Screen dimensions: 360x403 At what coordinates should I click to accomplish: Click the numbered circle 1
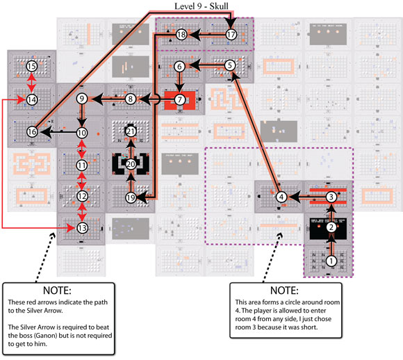pyautogui.click(x=331, y=261)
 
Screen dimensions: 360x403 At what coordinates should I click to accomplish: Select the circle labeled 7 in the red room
pyautogui.click(x=180, y=99)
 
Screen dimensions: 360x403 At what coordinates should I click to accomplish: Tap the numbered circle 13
pyautogui.click(x=82, y=228)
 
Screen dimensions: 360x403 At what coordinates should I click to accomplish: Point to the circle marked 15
pyautogui.click(x=31, y=66)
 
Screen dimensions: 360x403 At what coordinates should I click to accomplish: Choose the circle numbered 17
pyautogui.click(x=231, y=33)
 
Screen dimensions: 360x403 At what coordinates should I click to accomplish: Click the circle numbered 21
pyautogui.click(x=131, y=131)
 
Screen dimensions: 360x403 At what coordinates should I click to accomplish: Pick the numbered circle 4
pyautogui.click(x=281, y=197)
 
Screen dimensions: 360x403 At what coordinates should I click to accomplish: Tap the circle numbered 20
pyautogui.click(x=131, y=164)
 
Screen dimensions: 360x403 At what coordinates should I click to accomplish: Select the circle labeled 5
pyautogui.click(x=231, y=66)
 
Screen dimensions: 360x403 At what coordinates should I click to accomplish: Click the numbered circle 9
pyautogui.click(x=82, y=99)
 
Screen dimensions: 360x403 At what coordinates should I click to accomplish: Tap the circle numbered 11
pyautogui.click(x=82, y=165)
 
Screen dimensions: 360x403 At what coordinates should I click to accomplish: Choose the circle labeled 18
pyautogui.click(x=181, y=33)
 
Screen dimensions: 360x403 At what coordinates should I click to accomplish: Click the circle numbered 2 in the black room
pyautogui.click(x=331, y=227)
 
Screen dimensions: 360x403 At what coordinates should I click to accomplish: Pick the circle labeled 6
pyautogui.click(x=180, y=66)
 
